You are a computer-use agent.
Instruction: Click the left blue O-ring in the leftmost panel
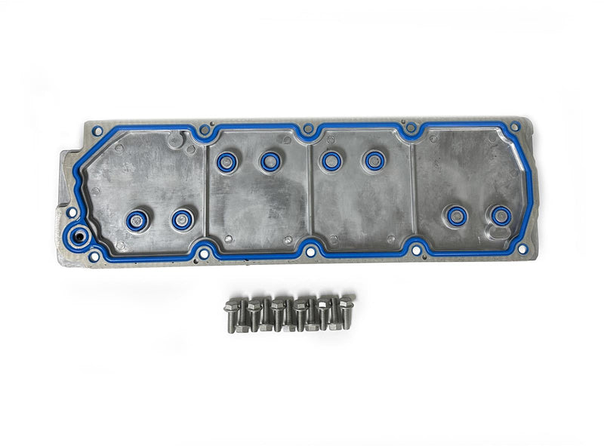click(x=137, y=220)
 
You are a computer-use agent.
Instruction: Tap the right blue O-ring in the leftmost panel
click(x=181, y=220)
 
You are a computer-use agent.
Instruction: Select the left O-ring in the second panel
click(x=226, y=161)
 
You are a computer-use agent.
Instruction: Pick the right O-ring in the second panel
click(x=270, y=161)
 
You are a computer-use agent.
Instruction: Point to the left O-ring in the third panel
click(x=331, y=160)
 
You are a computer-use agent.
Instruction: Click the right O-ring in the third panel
click(x=374, y=160)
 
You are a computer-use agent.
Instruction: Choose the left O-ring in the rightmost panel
click(x=457, y=216)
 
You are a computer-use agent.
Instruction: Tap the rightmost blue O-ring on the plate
click(x=500, y=216)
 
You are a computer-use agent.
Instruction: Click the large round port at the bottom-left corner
click(x=77, y=238)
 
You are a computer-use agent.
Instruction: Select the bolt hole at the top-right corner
click(x=515, y=128)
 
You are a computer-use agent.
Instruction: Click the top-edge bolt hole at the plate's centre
click(x=307, y=130)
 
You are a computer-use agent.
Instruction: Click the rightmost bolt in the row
click(x=346, y=308)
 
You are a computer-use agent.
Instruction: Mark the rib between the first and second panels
click(x=206, y=192)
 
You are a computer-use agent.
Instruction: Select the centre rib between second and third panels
click(x=310, y=189)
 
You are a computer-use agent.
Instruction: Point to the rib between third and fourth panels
click(x=413, y=189)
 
